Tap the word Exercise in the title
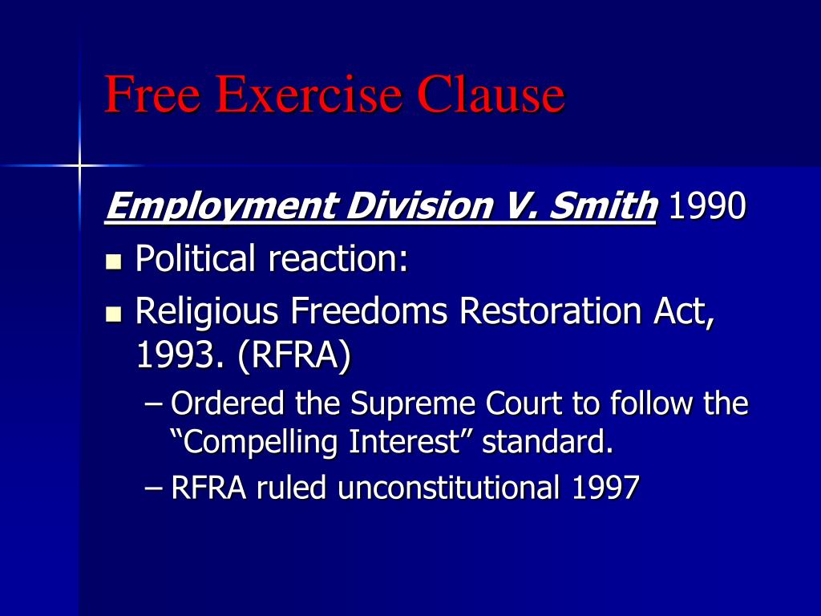click(309, 95)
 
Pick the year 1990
click(706, 206)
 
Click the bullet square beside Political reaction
click(114, 261)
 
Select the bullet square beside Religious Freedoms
click(114, 312)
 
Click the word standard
click(547, 442)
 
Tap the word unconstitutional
click(448, 487)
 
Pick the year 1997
click(605, 487)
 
